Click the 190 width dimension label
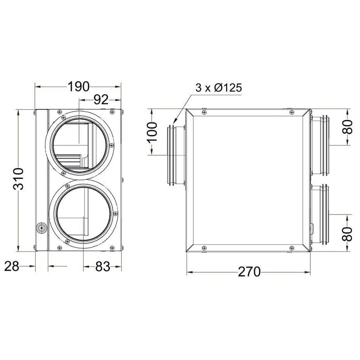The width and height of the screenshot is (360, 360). (78, 87)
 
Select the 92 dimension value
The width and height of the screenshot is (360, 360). (101, 100)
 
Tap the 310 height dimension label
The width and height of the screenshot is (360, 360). (18, 179)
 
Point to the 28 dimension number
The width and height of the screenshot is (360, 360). (12, 266)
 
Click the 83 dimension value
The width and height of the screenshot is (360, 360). (103, 267)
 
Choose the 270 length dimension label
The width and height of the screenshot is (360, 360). (249, 272)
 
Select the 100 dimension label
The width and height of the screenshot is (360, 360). (152, 133)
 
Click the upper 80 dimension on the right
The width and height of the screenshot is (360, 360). (347, 127)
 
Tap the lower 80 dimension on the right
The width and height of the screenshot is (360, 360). (347, 234)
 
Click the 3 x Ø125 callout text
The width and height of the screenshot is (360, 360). (219, 88)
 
